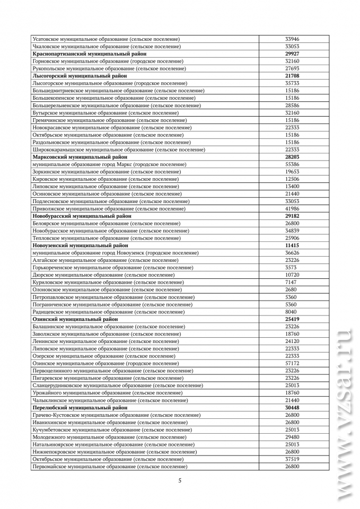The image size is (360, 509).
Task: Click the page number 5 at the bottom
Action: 180,480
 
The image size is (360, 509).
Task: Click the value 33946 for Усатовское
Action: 292,39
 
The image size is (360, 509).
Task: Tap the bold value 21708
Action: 292,76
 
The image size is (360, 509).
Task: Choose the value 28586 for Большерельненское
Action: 292,106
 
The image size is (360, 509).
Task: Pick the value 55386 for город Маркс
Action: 292,164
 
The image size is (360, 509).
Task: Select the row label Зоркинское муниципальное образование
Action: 107,172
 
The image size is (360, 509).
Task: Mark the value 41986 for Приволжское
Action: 292,208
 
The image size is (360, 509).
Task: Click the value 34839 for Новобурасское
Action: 292,231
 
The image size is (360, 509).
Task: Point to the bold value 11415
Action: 292,245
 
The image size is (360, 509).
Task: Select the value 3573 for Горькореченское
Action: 292,267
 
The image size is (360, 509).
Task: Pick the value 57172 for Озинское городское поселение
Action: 292,363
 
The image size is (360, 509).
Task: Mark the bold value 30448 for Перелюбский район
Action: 292,408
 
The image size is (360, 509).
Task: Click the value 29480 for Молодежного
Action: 292,437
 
